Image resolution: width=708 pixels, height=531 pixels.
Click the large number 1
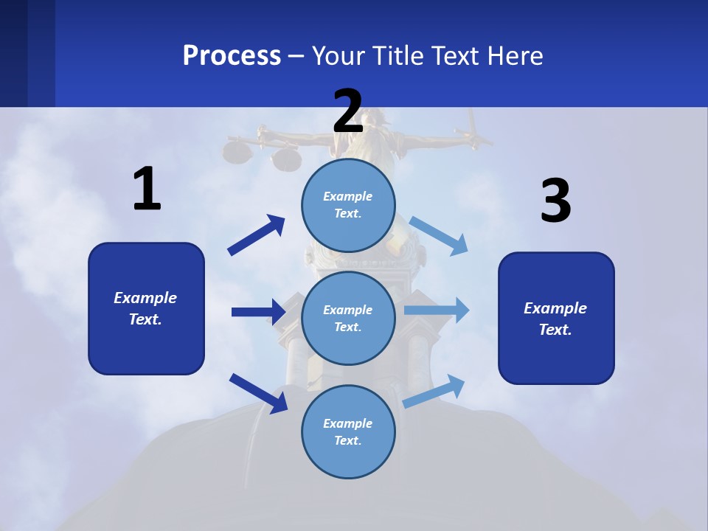[147, 189]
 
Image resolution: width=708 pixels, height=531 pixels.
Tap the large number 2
[348, 111]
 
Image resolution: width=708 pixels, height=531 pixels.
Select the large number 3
[555, 201]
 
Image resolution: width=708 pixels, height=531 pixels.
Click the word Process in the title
[232, 55]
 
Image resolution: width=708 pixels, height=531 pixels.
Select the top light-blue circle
[348, 205]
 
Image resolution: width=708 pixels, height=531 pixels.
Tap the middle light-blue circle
[348, 318]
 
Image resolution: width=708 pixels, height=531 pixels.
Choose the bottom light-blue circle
[348, 431]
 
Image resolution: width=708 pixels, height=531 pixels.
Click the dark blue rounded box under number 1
[146, 308]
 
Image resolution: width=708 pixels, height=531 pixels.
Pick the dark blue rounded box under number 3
[556, 318]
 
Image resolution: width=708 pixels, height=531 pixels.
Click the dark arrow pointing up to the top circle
[257, 235]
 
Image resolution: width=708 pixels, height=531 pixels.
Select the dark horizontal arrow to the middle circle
[259, 312]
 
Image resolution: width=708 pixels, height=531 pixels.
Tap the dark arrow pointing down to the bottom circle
[258, 392]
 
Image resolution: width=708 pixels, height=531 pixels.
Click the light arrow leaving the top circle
[439, 235]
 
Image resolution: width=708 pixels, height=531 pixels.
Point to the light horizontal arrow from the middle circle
[436, 310]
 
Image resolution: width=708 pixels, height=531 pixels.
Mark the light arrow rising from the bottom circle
[434, 391]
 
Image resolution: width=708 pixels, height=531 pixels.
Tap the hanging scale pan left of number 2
[236, 152]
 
